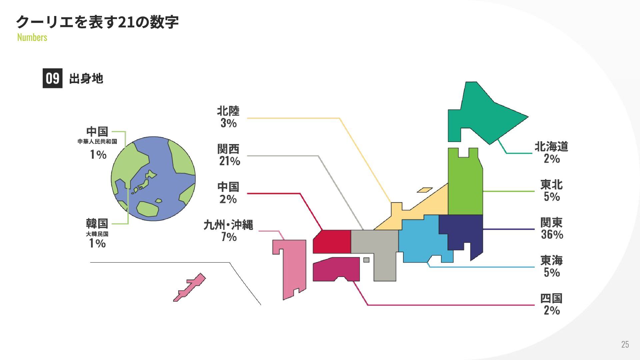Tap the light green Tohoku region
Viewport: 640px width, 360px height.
(465, 187)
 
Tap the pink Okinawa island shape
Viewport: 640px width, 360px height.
(189, 287)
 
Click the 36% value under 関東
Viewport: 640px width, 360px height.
(552, 234)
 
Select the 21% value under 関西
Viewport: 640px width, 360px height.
(229, 161)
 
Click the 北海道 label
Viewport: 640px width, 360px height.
(551, 146)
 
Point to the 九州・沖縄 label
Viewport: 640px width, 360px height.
(228, 225)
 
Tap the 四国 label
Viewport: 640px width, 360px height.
(551, 298)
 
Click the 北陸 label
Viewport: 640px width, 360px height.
(228, 111)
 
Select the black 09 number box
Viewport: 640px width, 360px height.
(52, 78)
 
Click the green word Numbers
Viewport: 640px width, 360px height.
(32, 37)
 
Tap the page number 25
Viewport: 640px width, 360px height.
(625, 344)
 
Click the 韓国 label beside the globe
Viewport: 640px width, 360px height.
(97, 223)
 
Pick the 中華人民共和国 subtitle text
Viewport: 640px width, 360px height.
(97, 141)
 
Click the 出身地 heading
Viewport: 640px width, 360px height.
(86, 79)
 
